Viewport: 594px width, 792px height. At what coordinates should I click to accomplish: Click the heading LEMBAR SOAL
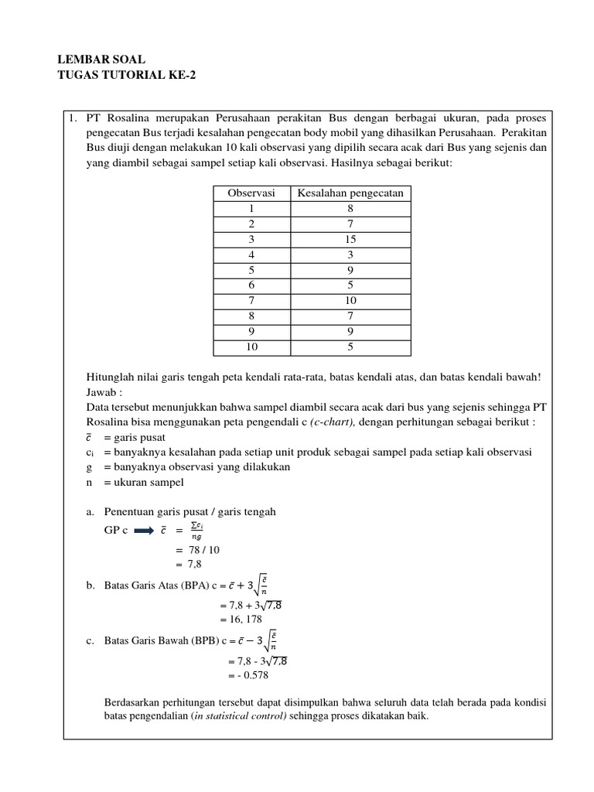coord(101,60)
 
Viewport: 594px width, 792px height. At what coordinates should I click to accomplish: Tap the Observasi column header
coord(251,193)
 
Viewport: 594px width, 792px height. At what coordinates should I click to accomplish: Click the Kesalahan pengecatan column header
coord(350,193)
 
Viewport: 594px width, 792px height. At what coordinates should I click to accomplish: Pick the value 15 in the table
coord(350,239)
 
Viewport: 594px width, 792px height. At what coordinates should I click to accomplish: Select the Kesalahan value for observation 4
coord(350,254)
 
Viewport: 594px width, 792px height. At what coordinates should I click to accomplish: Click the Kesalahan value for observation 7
coord(350,300)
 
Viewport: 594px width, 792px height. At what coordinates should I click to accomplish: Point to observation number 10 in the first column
coord(251,346)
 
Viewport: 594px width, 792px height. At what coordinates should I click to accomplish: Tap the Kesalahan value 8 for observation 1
coord(350,208)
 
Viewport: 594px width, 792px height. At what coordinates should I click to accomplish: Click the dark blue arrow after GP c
coord(145,531)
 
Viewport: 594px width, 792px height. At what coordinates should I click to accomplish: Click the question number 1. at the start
coord(73,118)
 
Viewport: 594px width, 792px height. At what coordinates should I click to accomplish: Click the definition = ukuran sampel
coord(143,482)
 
